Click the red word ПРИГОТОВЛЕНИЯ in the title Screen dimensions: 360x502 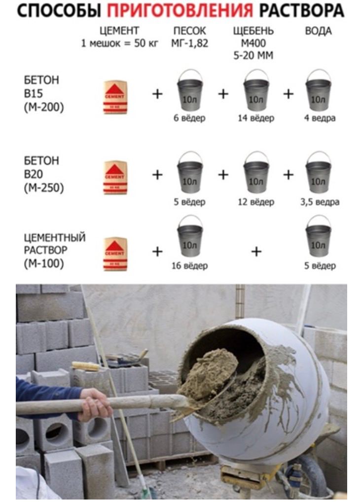point(180,11)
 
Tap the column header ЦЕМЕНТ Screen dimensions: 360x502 point(119,31)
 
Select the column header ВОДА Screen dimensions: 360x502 point(318,31)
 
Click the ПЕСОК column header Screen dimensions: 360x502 point(189,31)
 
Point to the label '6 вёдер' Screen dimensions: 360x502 point(189,118)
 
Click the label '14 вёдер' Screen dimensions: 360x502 point(255,118)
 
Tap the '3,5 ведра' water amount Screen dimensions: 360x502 point(320,202)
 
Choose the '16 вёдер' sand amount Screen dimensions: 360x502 point(189,266)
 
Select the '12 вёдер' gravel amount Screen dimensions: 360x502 point(255,202)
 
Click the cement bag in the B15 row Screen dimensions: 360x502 point(115,97)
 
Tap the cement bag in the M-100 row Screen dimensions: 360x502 point(115,254)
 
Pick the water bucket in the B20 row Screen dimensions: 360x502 point(318,173)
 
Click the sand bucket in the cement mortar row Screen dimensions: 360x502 point(190,236)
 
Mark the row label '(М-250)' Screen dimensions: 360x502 point(44,188)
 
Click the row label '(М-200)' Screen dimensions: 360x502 point(44,107)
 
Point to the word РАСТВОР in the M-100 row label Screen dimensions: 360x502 point(45,250)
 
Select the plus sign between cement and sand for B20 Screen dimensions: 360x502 point(157,175)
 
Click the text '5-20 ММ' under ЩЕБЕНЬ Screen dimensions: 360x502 point(253,56)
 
